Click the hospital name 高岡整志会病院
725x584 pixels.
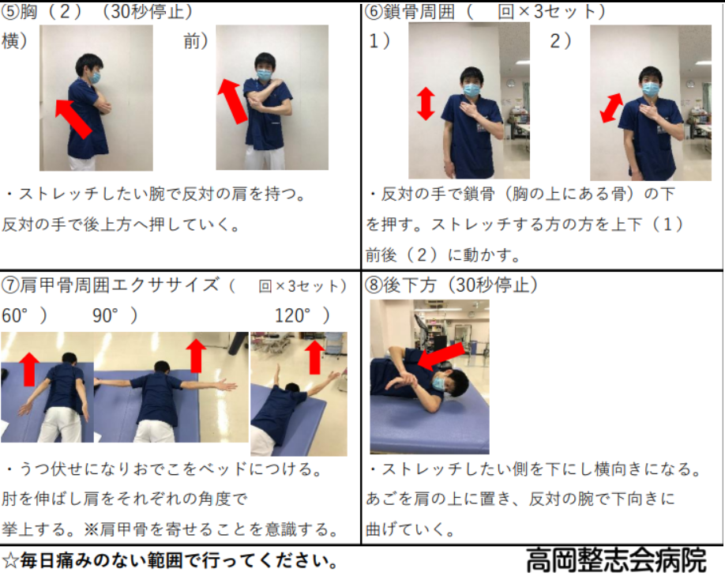pyautogui.click(x=616, y=560)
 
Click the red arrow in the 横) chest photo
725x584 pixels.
pyautogui.click(x=73, y=119)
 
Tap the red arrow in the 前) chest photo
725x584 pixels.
pyautogui.click(x=232, y=101)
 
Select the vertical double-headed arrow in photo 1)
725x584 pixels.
pyautogui.click(x=426, y=104)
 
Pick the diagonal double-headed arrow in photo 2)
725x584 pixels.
pyautogui.click(x=612, y=108)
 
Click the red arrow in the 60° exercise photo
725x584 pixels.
pyautogui.click(x=29, y=369)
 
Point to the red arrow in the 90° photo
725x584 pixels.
pyautogui.click(x=196, y=356)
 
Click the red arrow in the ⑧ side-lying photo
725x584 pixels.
pyautogui.click(x=441, y=356)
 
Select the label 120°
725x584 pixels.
pyautogui.click(x=292, y=315)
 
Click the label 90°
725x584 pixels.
pyautogui.click(x=105, y=315)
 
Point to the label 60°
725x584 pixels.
pyautogui.click(x=15, y=315)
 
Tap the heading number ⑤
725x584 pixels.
pyautogui.click(x=9, y=12)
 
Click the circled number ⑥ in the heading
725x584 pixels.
pyautogui.click(x=374, y=12)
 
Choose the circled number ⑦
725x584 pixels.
pyautogui.click(x=9, y=285)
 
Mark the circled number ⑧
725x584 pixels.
pyautogui.click(x=374, y=285)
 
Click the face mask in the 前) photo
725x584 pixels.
pyautogui.click(x=265, y=73)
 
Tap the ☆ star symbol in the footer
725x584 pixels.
pyautogui.click(x=10, y=561)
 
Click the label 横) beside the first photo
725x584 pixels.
pyautogui.click(x=14, y=41)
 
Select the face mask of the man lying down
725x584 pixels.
pyautogui.click(x=438, y=383)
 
